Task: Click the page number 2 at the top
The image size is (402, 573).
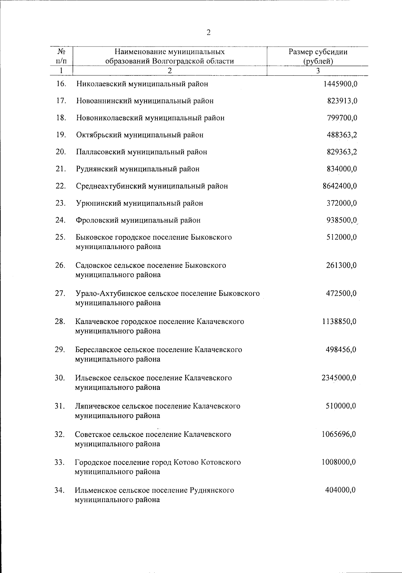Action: point(208,33)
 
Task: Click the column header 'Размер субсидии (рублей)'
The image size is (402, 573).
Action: point(318,57)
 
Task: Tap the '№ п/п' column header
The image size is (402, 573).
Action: point(61,57)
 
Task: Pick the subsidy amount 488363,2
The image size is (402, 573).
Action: point(342,135)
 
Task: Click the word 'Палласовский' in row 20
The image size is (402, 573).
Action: point(99,152)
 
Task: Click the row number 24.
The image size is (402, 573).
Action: point(61,220)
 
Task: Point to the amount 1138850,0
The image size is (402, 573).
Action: point(339,322)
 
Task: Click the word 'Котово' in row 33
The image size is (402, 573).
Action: point(186,462)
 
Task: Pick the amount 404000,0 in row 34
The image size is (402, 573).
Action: point(340,490)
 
